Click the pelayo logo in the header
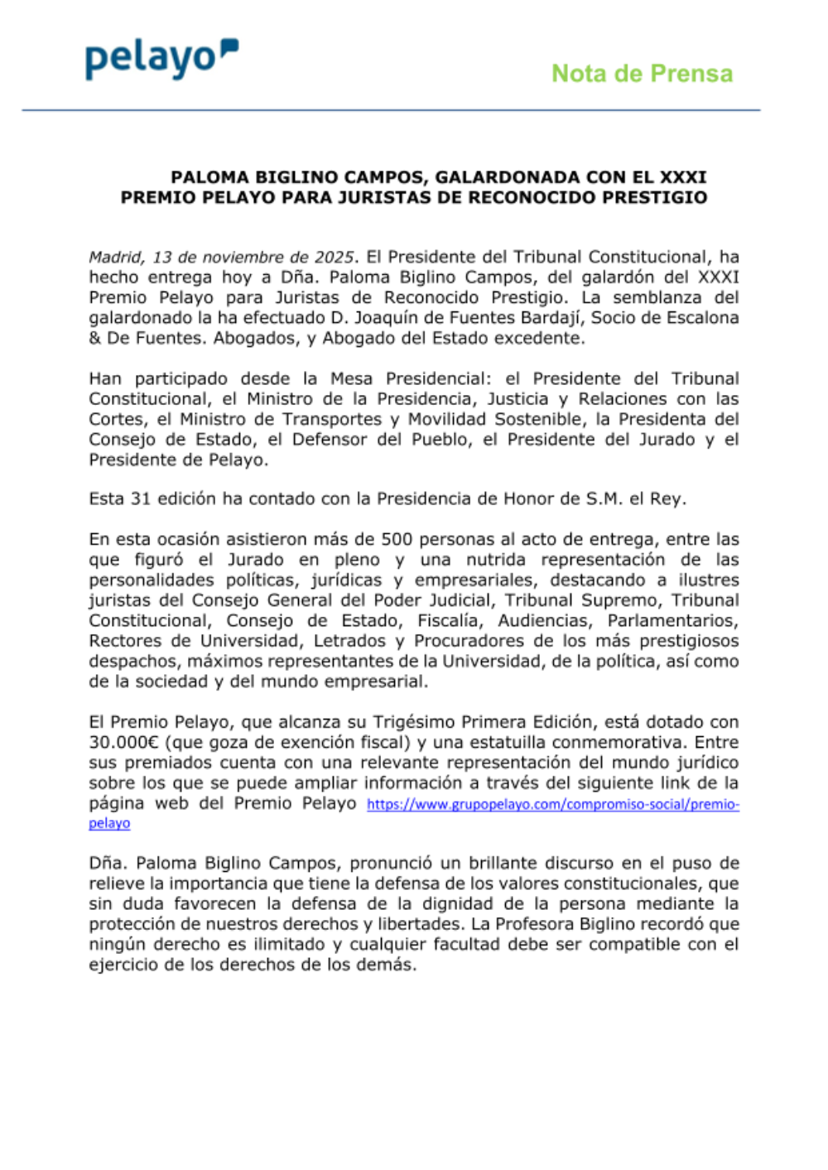click(x=161, y=58)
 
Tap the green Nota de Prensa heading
click(x=642, y=74)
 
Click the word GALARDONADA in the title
click(x=508, y=177)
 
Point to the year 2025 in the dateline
click(x=334, y=257)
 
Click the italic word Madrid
click(x=116, y=257)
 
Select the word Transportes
click(x=332, y=419)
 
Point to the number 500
click(x=397, y=539)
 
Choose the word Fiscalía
click(x=448, y=620)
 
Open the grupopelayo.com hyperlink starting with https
click(x=552, y=804)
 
